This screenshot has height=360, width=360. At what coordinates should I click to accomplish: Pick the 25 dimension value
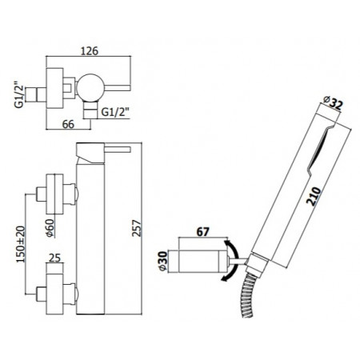pos(54,258)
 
